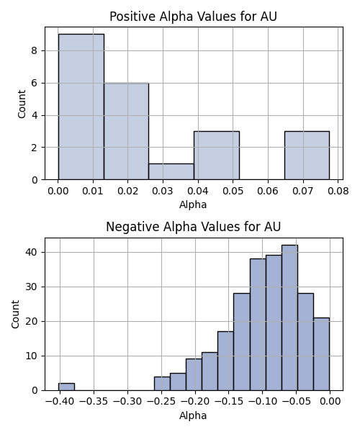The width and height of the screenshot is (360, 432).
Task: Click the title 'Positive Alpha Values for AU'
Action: tap(193, 17)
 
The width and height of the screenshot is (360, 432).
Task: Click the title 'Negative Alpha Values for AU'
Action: tap(193, 227)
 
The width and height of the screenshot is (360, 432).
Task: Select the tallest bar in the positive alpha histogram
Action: tap(81, 107)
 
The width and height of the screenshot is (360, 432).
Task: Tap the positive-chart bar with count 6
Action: tap(127, 131)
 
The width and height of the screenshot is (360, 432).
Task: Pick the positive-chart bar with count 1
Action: tap(171, 171)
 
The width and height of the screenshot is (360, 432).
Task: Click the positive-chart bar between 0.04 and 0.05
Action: tap(217, 156)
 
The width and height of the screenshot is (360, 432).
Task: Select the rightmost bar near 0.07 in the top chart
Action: tap(307, 156)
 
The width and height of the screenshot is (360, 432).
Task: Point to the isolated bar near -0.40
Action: tap(66, 387)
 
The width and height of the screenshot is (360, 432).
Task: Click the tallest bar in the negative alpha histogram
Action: tap(289, 318)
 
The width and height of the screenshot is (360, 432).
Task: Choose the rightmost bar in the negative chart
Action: tap(321, 354)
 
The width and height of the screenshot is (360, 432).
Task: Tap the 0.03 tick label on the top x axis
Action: tap(163, 191)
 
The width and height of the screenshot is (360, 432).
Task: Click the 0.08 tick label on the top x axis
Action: tap(338, 191)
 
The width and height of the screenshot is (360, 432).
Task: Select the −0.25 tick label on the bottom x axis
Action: tap(161, 402)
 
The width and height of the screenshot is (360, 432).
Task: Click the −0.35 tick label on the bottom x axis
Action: tap(94, 402)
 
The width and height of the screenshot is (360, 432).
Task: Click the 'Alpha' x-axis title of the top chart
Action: tap(193, 204)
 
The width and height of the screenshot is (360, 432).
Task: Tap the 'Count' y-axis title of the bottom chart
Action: tap(15, 314)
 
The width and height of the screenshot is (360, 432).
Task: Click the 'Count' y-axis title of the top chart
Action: tap(22, 104)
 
